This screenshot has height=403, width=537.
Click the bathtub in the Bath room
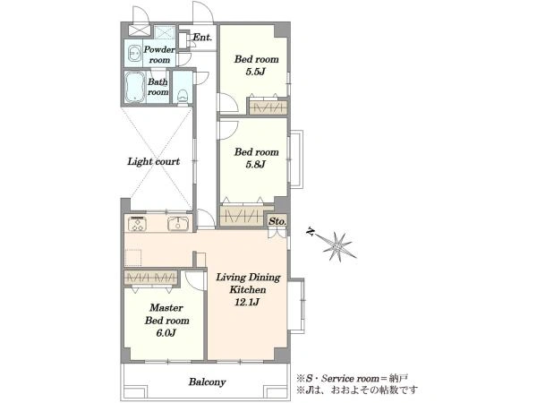coord(134,87)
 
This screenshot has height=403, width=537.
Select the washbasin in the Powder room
coord(133,54)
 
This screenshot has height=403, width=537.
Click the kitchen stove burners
coord(138,224)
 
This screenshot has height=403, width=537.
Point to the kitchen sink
coord(178,224)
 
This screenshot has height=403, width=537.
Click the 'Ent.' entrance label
coord(202,37)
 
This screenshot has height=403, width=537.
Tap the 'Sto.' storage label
coord(277,221)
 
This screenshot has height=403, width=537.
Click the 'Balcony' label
coord(207,382)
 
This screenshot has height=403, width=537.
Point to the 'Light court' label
coord(153,161)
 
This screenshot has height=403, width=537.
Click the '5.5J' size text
coord(255,72)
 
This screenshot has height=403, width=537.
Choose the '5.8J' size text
coord(255,165)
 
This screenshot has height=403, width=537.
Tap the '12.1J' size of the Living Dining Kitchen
coord(247,303)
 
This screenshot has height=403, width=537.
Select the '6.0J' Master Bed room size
coord(166,333)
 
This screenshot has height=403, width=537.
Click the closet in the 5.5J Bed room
coord(268,107)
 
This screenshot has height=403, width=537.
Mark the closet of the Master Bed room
coord(151,278)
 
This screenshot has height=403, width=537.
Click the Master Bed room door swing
coord(195,281)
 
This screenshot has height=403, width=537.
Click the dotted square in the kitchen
coord(133,258)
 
